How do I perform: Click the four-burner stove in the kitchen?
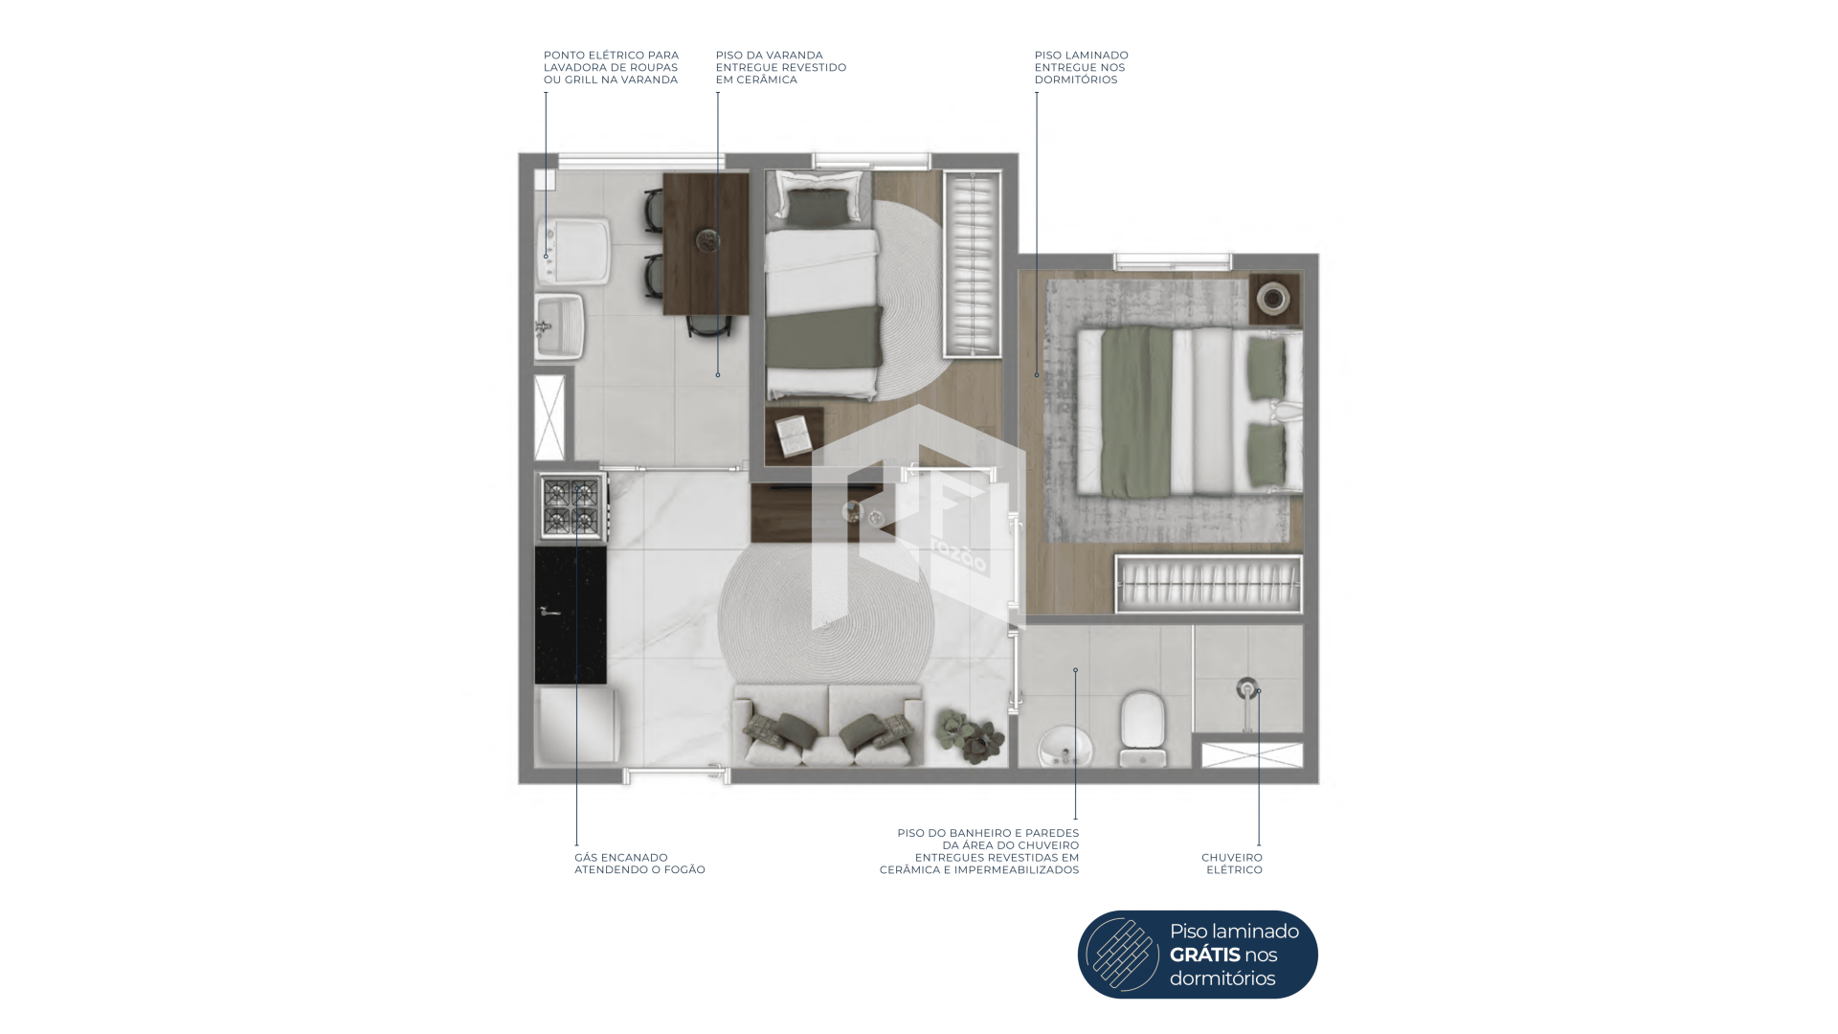click(572, 507)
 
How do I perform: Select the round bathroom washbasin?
click(1064, 746)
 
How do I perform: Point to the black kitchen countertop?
click(571, 615)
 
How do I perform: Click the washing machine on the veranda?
click(573, 252)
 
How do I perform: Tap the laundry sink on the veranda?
click(557, 326)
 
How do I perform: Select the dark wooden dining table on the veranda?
click(706, 243)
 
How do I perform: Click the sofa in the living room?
click(828, 725)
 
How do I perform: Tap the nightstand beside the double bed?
click(1275, 299)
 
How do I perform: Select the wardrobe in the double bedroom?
click(1209, 584)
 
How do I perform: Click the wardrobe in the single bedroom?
click(973, 264)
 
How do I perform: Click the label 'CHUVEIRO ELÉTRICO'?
click(1232, 864)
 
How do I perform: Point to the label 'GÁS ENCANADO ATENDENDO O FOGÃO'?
click(639, 864)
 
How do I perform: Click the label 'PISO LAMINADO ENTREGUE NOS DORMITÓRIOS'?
click(1082, 68)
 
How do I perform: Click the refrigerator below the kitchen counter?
click(576, 726)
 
